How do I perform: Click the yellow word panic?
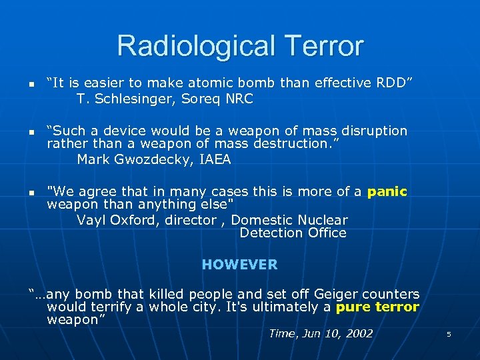tap(387, 192)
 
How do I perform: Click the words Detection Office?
tap(293, 233)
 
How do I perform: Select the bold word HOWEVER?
tap(239, 265)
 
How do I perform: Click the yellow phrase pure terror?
tap(377, 307)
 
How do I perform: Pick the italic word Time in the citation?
tap(281, 333)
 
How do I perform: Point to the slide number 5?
tap(449, 334)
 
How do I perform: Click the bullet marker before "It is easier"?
tap(31, 84)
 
